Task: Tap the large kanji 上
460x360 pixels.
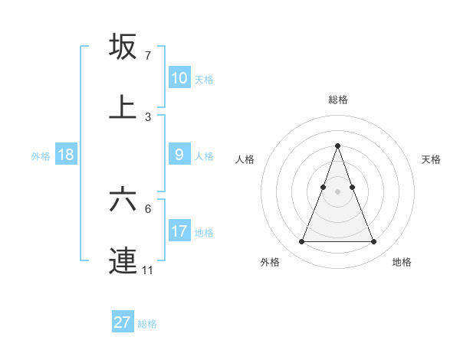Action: [123, 107]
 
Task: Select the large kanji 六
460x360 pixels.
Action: [123, 201]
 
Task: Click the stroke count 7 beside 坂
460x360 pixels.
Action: [148, 56]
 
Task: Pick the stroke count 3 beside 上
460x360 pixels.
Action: [148, 117]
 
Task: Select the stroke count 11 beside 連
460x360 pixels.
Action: [148, 270]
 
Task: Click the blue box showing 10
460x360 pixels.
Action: [179, 78]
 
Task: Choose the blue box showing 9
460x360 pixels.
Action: [179, 155]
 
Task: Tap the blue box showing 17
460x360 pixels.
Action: [179, 231]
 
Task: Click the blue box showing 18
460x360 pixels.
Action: [66, 155]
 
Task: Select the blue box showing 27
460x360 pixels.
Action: [123, 322]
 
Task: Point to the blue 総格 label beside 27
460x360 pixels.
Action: [147, 324]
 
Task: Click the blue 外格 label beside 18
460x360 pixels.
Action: [41, 156]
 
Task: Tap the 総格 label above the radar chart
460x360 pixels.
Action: [337, 100]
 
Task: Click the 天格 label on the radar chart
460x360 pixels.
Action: [431, 159]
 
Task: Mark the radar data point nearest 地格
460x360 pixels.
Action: [374, 242]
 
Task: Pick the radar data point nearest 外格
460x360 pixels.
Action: [301, 242]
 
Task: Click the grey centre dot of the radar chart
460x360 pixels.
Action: [337, 191]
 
